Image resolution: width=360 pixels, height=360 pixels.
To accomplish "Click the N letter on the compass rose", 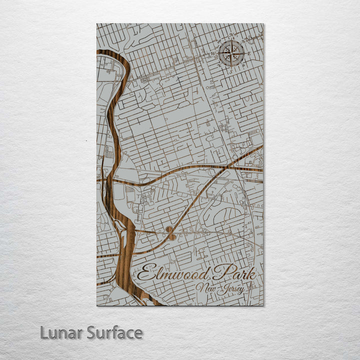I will tap(231, 35).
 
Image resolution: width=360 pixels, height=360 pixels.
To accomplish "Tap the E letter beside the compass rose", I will tap(248, 52).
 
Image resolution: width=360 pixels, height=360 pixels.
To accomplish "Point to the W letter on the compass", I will tap(213, 52).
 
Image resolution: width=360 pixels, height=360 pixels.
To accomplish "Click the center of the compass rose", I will tap(231, 52).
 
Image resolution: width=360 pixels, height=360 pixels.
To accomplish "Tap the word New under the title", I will tap(205, 288).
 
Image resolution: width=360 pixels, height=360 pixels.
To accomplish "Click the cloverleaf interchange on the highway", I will tap(171, 232).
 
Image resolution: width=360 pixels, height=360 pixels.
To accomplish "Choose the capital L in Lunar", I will tap(44, 332).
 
